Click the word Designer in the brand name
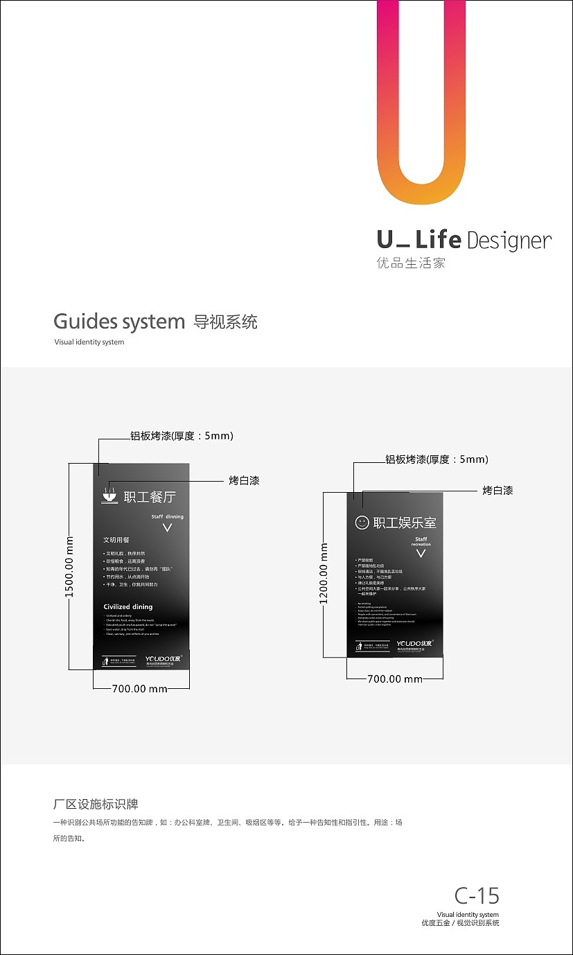(509, 240)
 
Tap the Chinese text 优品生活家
(410, 263)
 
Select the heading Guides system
(119, 322)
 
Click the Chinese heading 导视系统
(225, 322)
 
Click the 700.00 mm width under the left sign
(140, 689)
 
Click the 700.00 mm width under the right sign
(395, 679)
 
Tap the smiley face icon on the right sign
(362, 523)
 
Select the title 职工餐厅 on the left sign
(150, 497)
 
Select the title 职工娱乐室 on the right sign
(405, 523)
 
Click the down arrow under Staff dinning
(167, 528)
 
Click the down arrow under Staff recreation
(421, 553)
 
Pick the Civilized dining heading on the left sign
(127, 607)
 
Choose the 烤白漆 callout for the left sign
(244, 480)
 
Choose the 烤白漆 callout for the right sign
(497, 491)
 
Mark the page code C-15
(477, 895)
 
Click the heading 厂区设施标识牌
(96, 805)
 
